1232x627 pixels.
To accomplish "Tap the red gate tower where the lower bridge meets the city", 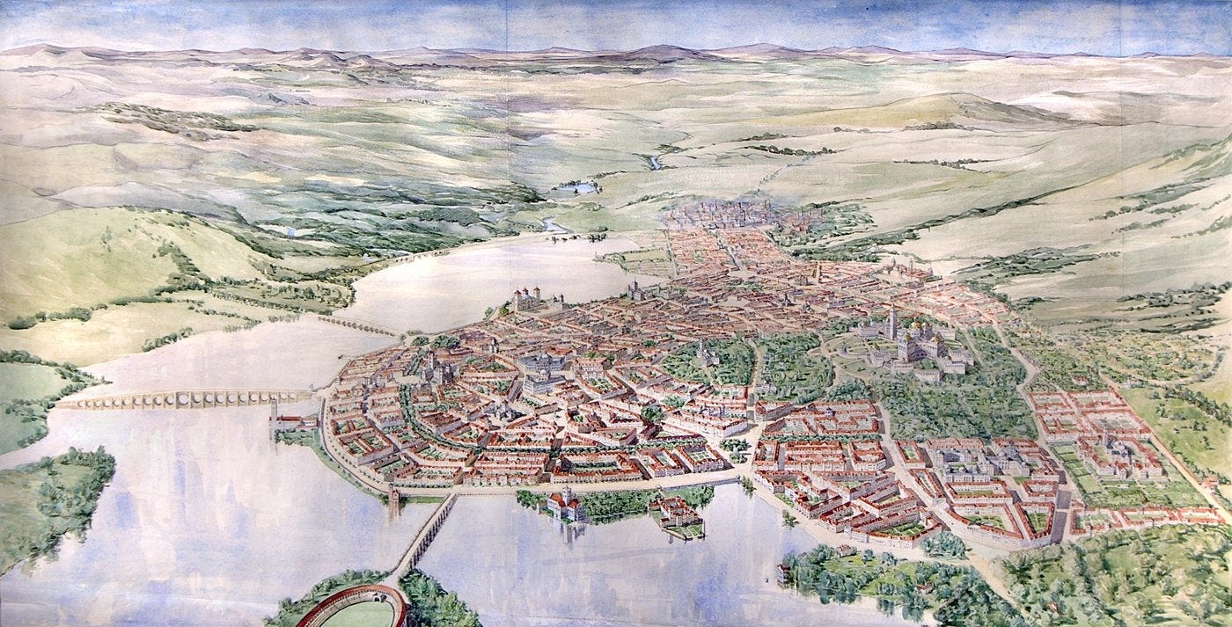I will (392, 500).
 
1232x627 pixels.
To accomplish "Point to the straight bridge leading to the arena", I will (427, 532).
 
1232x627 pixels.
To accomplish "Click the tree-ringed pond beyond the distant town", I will (576, 187).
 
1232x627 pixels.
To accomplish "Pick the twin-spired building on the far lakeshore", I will (634, 289).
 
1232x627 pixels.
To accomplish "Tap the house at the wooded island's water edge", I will (783, 572).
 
